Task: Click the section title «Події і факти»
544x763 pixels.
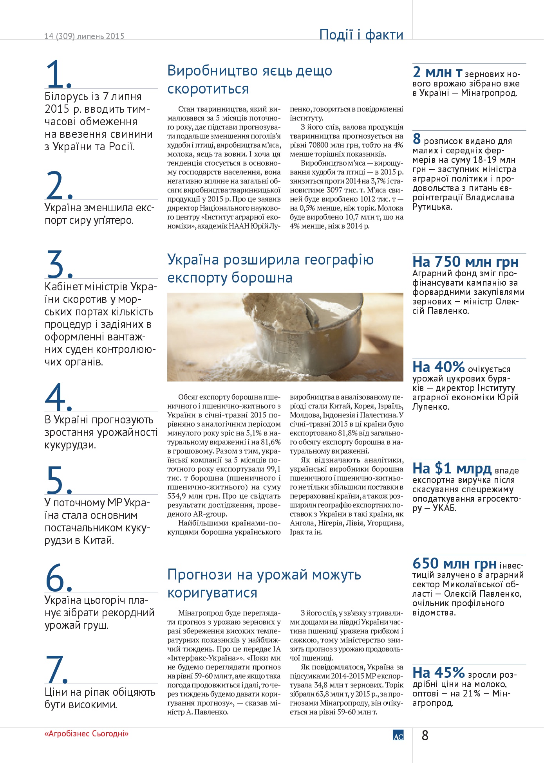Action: click(361, 35)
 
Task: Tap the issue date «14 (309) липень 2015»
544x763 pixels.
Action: click(84, 36)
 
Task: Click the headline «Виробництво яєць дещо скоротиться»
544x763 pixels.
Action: click(249, 80)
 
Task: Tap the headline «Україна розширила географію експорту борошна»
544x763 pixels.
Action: click(270, 268)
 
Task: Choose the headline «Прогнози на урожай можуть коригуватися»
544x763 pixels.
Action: click(264, 583)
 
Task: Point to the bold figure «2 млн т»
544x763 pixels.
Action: click(437, 72)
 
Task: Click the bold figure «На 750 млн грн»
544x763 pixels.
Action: click(465, 261)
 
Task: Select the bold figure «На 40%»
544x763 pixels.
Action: click(438, 367)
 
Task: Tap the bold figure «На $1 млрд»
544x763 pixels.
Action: click(452, 468)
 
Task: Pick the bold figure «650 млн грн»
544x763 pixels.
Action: click(454, 563)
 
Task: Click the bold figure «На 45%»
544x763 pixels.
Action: click(438, 673)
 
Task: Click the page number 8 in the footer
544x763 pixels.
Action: click(425, 736)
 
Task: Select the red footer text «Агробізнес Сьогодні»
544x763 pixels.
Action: click(87, 734)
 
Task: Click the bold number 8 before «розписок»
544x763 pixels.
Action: click(417, 139)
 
